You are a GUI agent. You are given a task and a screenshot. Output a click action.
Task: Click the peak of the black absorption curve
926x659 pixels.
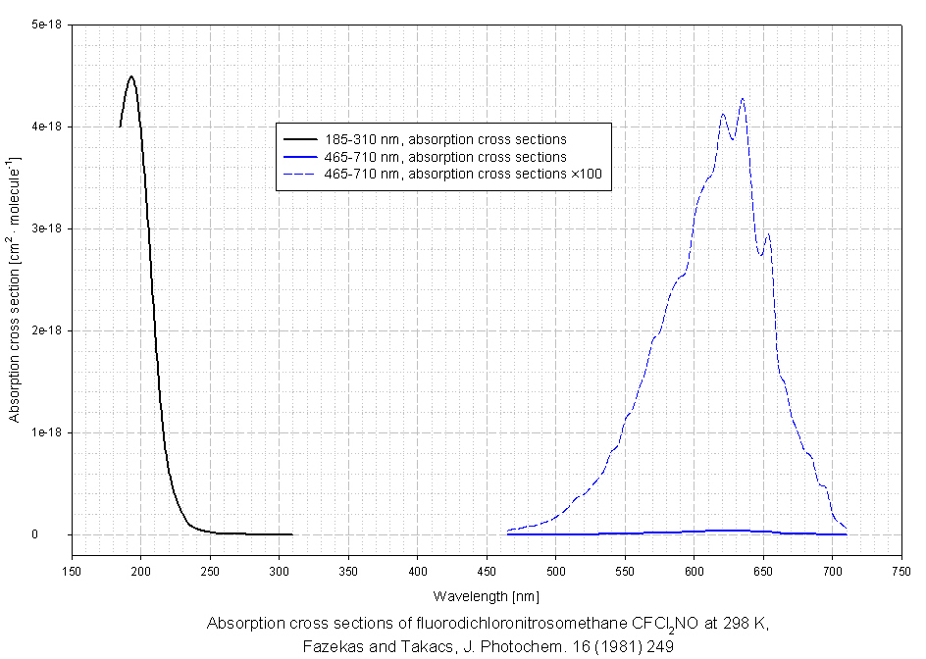click(x=130, y=76)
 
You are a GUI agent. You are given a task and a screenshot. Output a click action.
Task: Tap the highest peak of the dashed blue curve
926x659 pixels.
click(x=743, y=98)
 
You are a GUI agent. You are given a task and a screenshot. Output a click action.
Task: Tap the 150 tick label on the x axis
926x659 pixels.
click(x=72, y=570)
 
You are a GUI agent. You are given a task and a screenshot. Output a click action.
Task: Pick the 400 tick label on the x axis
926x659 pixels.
click(x=418, y=570)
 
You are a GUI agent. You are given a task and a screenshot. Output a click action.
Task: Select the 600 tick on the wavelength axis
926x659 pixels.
click(x=694, y=570)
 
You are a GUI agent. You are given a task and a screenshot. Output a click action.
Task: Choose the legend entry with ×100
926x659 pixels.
click(x=469, y=175)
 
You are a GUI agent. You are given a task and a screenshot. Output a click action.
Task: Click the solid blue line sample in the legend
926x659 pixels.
click(x=298, y=157)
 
